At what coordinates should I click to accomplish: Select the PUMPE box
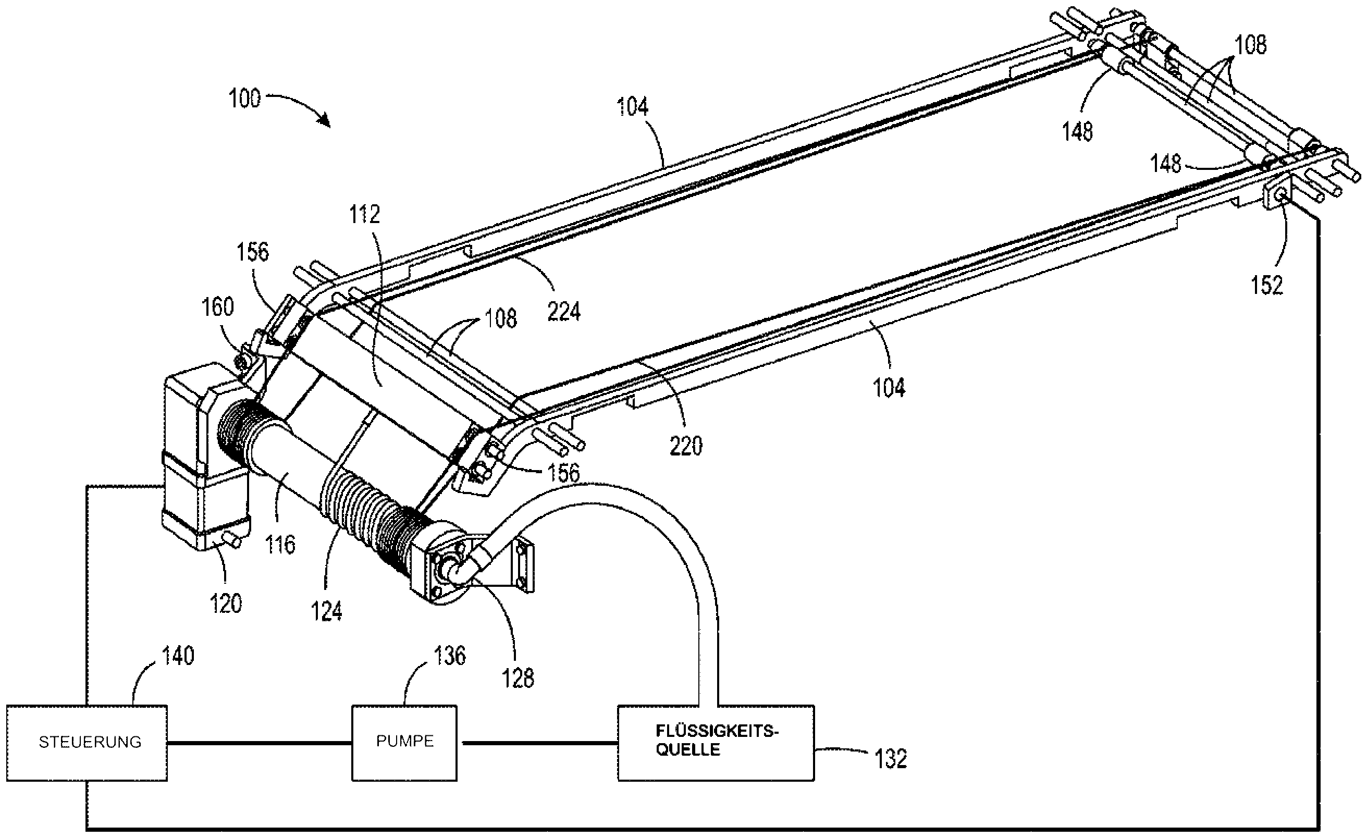404,743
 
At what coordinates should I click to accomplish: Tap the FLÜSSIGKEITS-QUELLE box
716,743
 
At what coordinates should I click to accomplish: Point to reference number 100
244,99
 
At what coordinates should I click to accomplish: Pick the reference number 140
178,656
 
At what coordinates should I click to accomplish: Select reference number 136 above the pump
449,656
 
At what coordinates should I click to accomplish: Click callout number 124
326,612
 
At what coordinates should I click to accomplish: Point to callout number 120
226,604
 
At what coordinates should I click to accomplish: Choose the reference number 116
280,545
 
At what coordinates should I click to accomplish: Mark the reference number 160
217,307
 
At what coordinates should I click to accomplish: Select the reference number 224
564,312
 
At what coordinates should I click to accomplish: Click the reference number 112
364,215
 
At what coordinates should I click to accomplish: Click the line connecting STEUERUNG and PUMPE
259,743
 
